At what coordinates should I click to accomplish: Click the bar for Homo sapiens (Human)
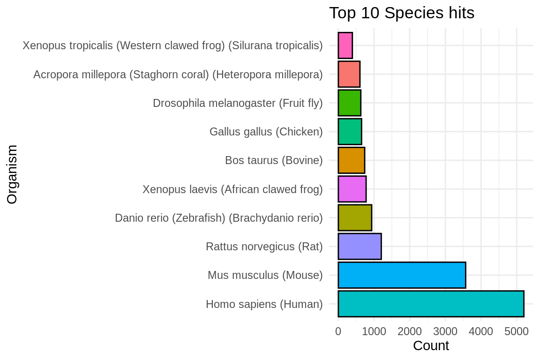pos(430,304)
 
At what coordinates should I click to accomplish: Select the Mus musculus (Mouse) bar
pos(402,275)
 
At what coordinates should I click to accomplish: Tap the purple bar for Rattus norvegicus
pos(360,246)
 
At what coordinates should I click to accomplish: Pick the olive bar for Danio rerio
pos(355,217)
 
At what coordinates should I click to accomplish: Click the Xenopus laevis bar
pos(352,189)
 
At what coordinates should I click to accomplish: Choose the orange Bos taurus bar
pos(351,160)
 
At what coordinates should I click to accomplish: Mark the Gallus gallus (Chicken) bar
pos(350,132)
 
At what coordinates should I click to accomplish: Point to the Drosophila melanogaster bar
pos(349,103)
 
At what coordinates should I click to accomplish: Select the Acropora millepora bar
pos(349,74)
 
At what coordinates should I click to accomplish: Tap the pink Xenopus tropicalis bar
pos(345,45)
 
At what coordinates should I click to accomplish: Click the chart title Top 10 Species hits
pos(402,13)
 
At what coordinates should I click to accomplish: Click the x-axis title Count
pos(431,346)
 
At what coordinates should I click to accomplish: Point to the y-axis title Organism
pos(13,174)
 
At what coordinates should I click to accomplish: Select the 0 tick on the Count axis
pos(338,331)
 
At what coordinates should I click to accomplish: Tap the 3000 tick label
pos(445,331)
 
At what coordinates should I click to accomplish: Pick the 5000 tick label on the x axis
pos(517,331)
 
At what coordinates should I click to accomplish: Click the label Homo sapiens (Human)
pos(264,304)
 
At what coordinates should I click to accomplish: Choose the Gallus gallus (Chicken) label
pos(266,132)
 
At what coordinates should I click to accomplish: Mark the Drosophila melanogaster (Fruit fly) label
pos(238,103)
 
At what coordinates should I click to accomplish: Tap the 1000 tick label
pos(374,331)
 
